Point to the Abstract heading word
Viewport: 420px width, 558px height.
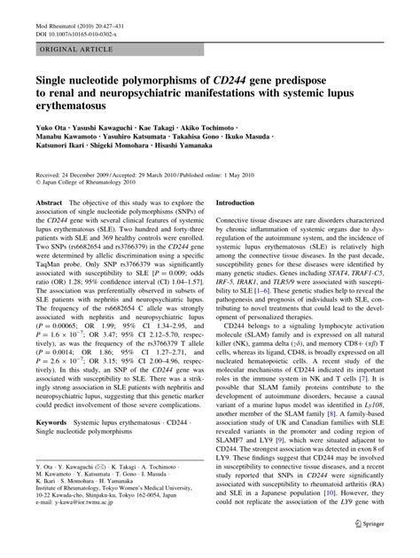[49, 202]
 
